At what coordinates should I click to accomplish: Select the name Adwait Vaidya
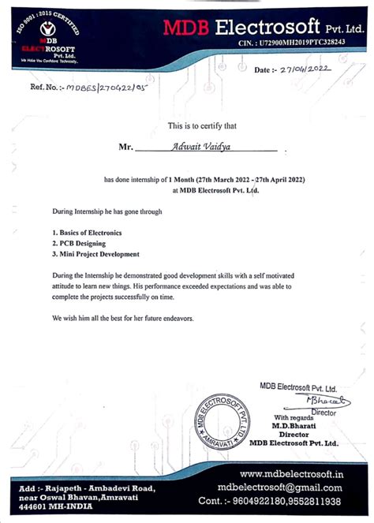tap(204, 145)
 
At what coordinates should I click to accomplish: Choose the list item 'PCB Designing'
tap(79, 244)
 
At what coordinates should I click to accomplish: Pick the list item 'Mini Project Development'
tap(95, 254)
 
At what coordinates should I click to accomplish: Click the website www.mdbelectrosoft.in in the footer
tap(290, 474)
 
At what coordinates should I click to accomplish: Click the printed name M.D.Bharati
tap(294, 425)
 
